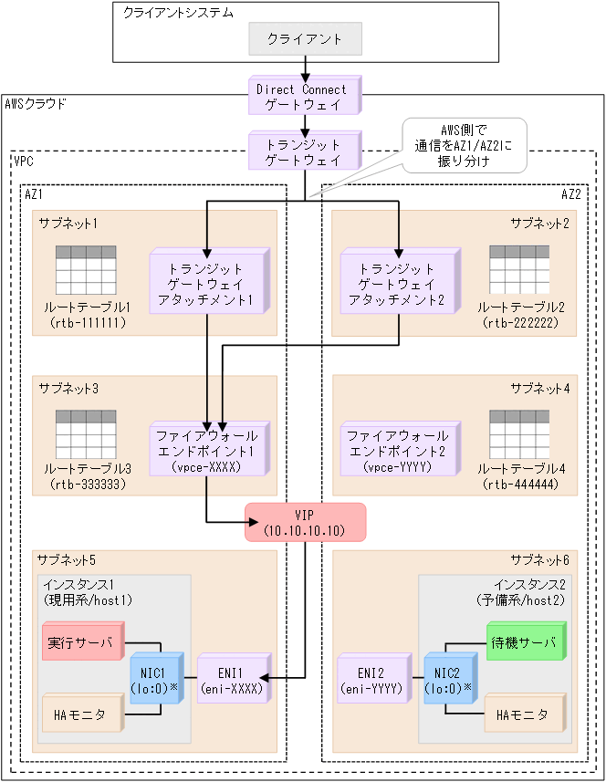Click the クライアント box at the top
305,39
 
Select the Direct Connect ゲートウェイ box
301,97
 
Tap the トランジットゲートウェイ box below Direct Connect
301,151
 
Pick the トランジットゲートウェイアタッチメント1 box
206,284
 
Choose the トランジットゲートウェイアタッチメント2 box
397,284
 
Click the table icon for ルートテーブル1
85,269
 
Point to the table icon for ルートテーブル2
519,269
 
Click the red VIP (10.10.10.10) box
305,522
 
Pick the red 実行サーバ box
81,642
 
